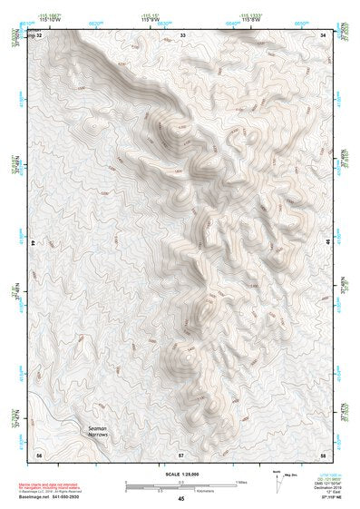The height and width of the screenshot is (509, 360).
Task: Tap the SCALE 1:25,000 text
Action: click(180, 474)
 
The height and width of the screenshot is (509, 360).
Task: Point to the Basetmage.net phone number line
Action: click(54, 497)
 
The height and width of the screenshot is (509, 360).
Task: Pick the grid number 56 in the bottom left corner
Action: click(38, 453)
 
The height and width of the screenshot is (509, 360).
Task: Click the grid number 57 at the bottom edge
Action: click(181, 453)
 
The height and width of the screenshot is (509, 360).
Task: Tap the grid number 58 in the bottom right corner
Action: click(323, 453)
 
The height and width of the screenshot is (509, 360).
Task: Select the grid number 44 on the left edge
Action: click(34, 244)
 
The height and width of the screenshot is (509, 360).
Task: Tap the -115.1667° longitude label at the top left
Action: click(50, 15)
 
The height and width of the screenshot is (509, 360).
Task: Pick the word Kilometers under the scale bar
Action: click(180, 489)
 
